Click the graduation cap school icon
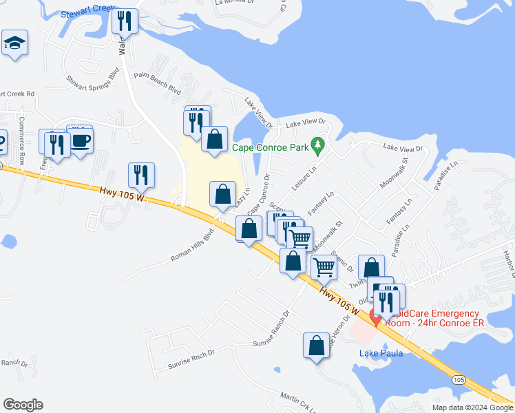click(x=14, y=43)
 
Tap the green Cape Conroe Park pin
click(x=317, y=145)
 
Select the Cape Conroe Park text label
click(x=269, y=147)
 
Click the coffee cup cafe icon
click(x=81, y=141)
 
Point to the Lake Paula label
click(x=381, y=353)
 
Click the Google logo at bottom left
click(x=23, y=405)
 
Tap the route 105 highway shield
click(x=459, y=379)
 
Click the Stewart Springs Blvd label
click(x=93, y=85)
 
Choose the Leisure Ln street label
click(x=304, y=177)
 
